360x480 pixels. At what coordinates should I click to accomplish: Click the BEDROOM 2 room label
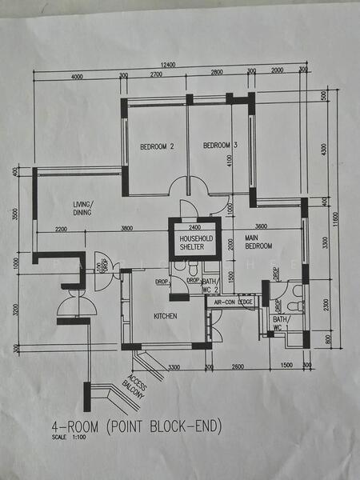(x=157, y=146)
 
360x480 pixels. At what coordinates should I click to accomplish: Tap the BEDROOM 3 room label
(x=220, y=145)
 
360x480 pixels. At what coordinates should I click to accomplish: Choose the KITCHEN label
(x=165, y=316)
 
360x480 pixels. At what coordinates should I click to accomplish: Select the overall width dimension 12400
(x=166, y=64)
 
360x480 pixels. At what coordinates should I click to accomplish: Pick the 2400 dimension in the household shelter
(x=194, y=227)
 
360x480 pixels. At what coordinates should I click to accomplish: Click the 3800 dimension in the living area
(x=126, y=229)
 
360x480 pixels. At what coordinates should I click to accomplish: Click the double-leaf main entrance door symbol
(x=73, y=302)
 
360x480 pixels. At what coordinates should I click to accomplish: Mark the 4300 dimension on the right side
(x=324, y=148)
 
